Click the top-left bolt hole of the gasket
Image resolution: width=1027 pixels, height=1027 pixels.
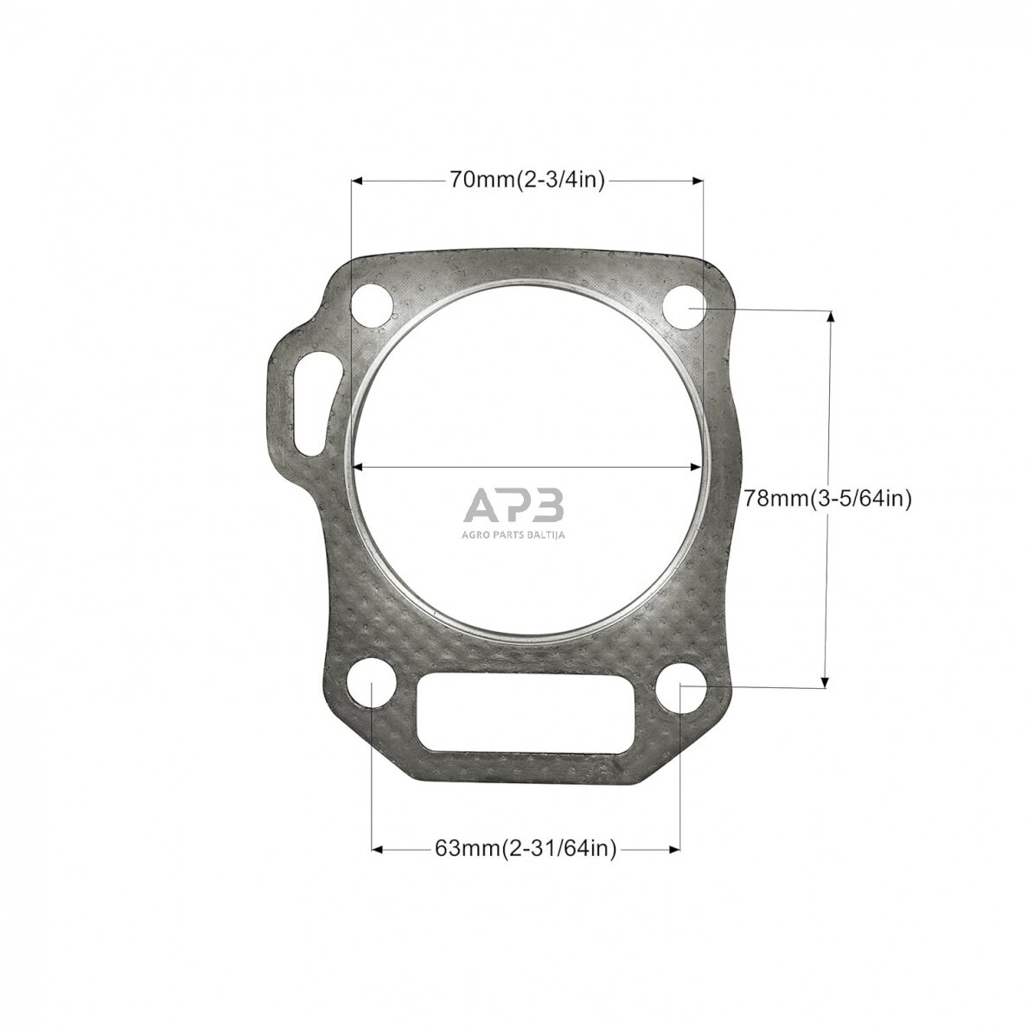(x=373, y=306)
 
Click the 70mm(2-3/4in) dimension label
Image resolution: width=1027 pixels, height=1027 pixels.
(x=526, y=180)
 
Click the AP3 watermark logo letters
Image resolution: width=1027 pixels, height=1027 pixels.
(x=513, y=506)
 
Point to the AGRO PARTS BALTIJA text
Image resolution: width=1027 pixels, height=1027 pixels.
(x=513, y=536)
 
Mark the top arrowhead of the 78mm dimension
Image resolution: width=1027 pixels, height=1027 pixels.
(x=830, y=316)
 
